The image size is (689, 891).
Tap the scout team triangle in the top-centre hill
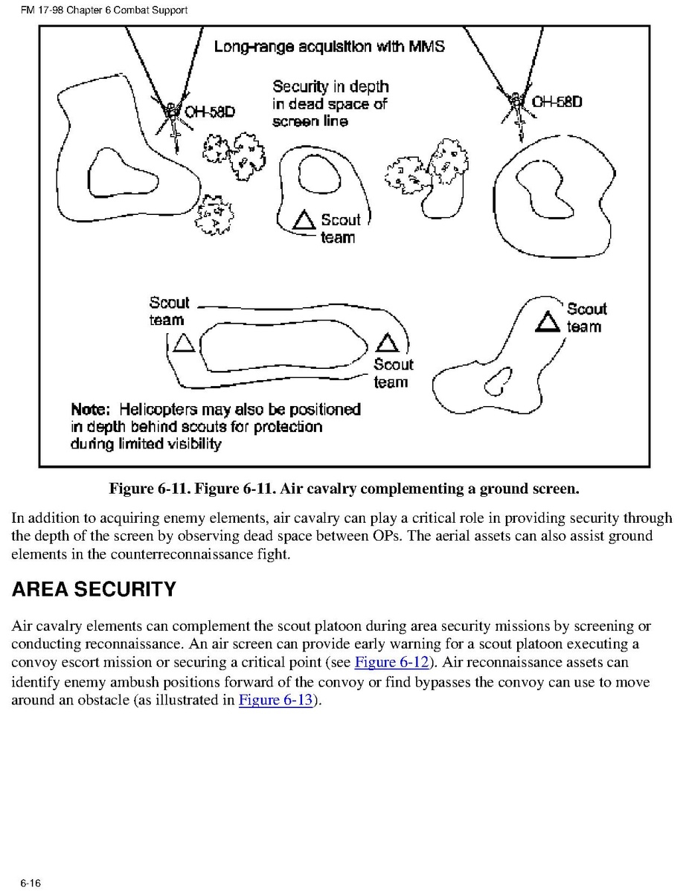(304, 220)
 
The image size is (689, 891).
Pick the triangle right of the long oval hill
(388, 342)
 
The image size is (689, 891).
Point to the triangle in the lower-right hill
(549, 321)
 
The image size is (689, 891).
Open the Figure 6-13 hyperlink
(275, 701)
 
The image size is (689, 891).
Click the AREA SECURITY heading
(94, 590)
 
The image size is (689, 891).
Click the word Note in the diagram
(90, 409)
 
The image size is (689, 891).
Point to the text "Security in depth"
(330, 87)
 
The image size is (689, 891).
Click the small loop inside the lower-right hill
(497, 382)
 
